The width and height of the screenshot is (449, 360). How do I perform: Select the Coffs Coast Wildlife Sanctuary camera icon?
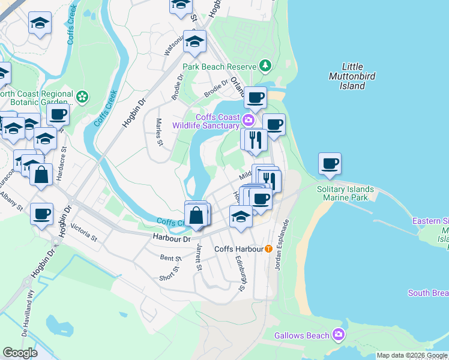coord(248,121)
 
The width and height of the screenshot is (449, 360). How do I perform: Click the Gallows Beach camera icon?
coord(339,334)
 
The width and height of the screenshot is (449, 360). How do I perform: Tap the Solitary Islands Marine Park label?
coord(345,193)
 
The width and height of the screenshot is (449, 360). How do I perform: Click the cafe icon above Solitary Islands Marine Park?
coord(330,163)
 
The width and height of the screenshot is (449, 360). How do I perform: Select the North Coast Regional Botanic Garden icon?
coord(82,95)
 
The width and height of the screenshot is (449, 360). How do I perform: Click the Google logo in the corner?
coord(20,353)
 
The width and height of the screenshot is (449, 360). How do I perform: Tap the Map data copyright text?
coord(412,355)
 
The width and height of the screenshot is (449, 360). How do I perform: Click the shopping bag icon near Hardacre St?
coord(41,176)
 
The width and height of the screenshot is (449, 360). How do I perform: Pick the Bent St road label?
coord(166,257)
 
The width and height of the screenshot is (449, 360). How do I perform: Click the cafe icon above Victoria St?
coord(42,214)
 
